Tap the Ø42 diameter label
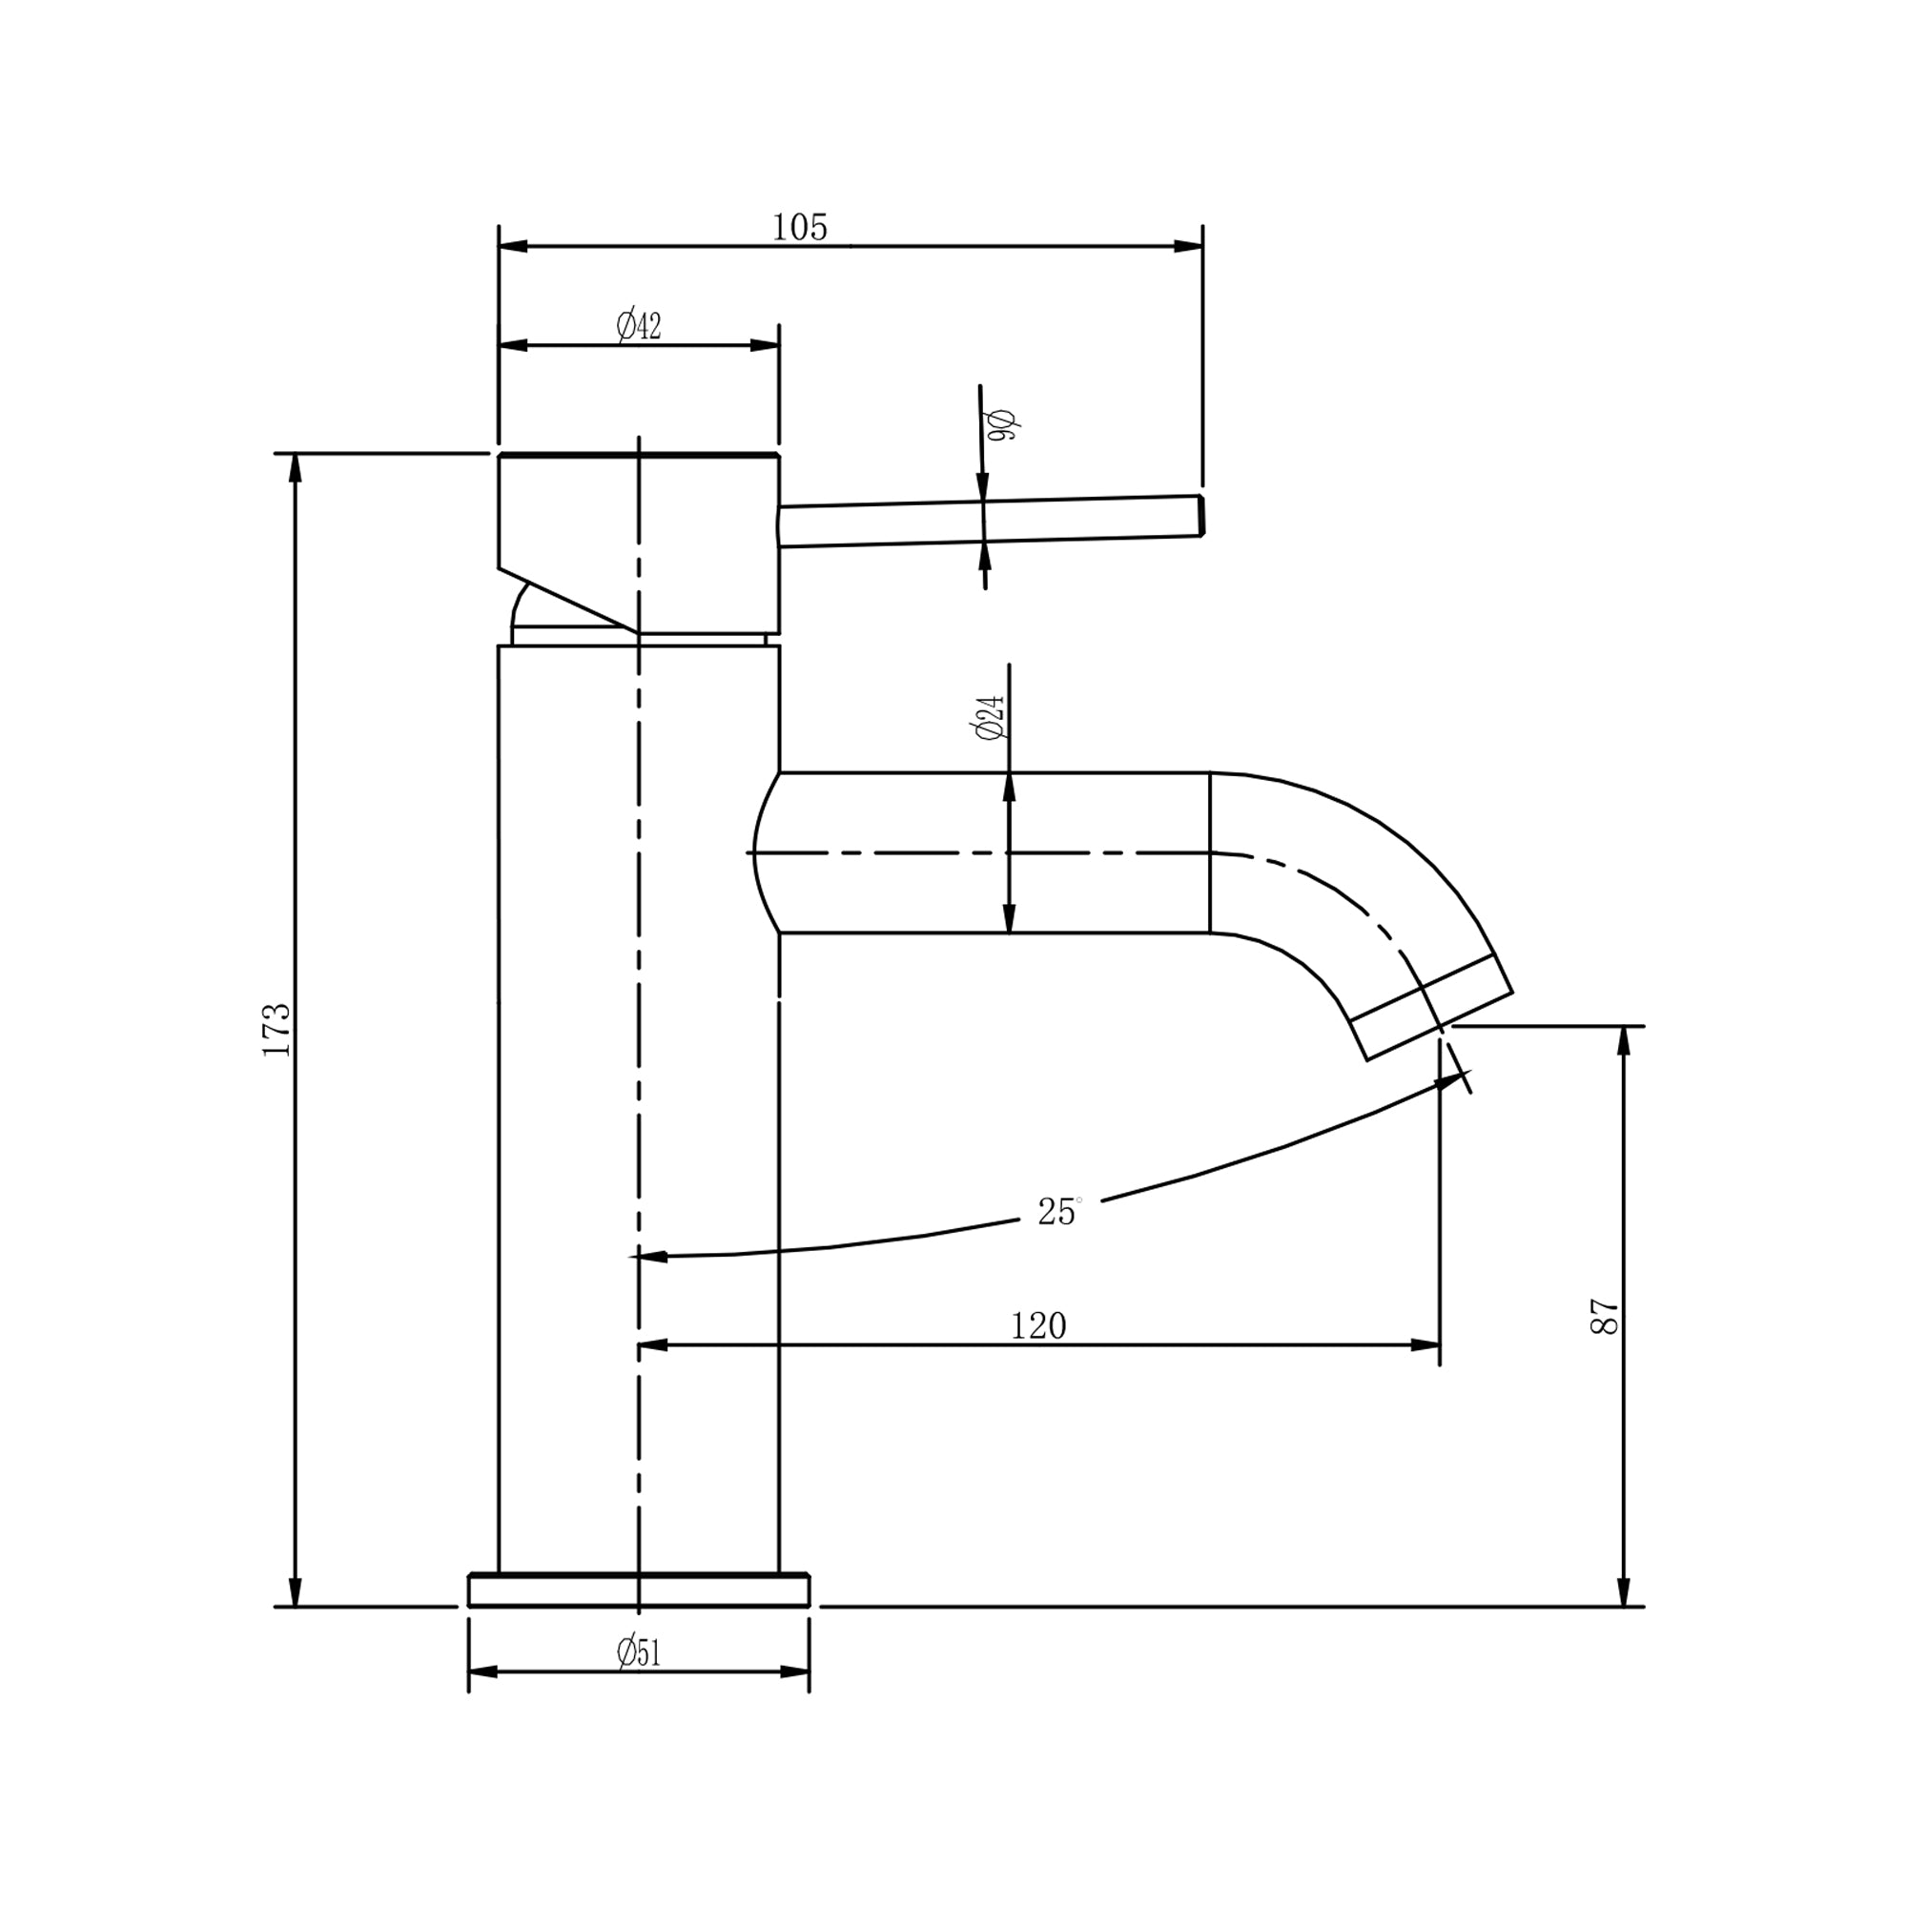(639, 326)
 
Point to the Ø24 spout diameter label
(990, 718)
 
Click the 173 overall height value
(277, 1030)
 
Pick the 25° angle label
(1057, 1211)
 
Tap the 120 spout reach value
(1038, 1325)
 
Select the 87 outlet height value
(1605, 1317)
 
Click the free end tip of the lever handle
(1200, 515)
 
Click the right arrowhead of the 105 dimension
(1187, 246)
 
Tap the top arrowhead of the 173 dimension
(294, 469)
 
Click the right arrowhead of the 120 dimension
(1425, 1345)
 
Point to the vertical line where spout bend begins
(1210, 852)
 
